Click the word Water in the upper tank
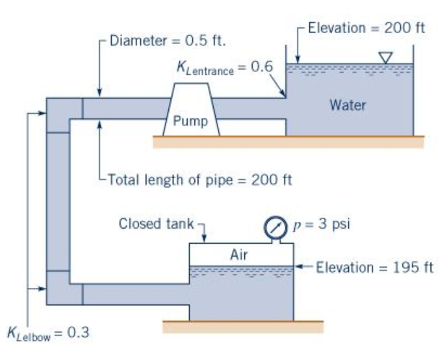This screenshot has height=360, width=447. (348, 105)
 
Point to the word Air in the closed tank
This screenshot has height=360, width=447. (239, 255)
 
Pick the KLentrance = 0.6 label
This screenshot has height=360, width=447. (225, 68)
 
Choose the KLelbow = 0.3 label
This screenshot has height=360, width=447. (48, 333)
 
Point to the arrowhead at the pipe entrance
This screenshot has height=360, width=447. (283, 95)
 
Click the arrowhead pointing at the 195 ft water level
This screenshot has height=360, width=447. (299, 268)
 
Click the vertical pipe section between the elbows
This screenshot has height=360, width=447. (58, 202)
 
